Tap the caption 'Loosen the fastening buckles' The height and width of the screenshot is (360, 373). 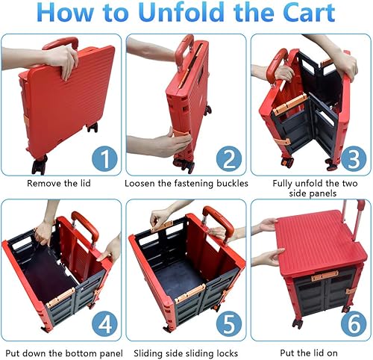tap(185, 182)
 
